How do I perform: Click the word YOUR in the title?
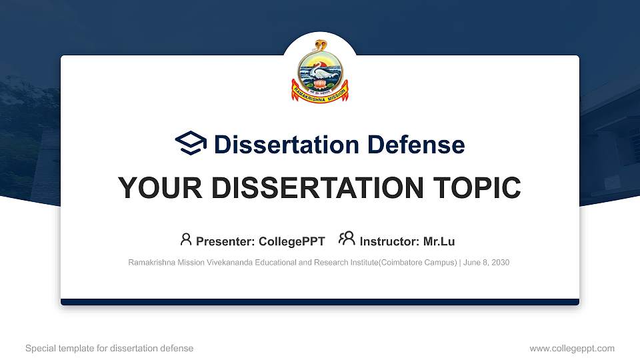[x=156, y=188]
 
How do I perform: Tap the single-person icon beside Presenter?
[x=186, y=239]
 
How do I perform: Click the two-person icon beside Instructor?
[x=347, y=239]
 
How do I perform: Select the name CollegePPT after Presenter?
[x=292, y=241]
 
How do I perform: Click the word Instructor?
[x=389, y=241]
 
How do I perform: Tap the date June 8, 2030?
[x=486, y=263]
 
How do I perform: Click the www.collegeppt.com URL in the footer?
[x=571, y=348]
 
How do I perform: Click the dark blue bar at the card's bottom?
[x=320, y=302]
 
